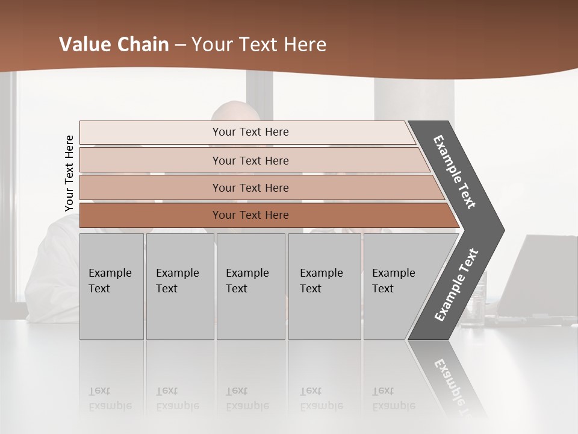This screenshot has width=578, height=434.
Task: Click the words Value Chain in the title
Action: tap(114, 45)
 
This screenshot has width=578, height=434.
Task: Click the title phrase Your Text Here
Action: tap(259, 45)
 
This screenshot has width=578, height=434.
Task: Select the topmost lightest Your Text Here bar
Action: tap(250, 132)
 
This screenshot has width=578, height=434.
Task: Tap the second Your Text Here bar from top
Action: tap(250, 160)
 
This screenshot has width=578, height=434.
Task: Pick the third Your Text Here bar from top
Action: tap(250, 187)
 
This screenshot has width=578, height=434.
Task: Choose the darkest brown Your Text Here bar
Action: tap(250, 215)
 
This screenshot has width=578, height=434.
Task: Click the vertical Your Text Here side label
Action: tap(69, 173)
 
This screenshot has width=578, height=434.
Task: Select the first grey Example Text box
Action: tap(111, 286)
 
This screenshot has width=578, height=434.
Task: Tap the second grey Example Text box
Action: tap(179, 286)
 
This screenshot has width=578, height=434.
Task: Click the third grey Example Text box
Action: tap(250, 286)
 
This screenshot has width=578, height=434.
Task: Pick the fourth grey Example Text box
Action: tap(324, 286)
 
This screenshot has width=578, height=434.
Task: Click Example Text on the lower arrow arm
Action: tap(456, 285)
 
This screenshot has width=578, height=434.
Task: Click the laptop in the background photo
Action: tap(545, 277)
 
